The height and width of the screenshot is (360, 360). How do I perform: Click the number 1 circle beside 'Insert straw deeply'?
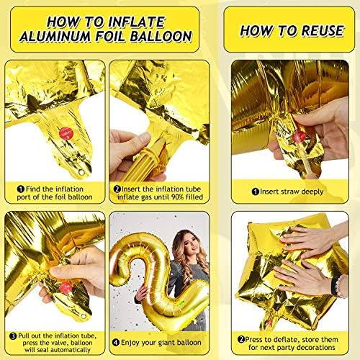pyautogui.click(x=254, y=192)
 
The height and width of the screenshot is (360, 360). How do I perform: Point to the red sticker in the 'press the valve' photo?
pyautogui.click(x=66, y=287)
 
